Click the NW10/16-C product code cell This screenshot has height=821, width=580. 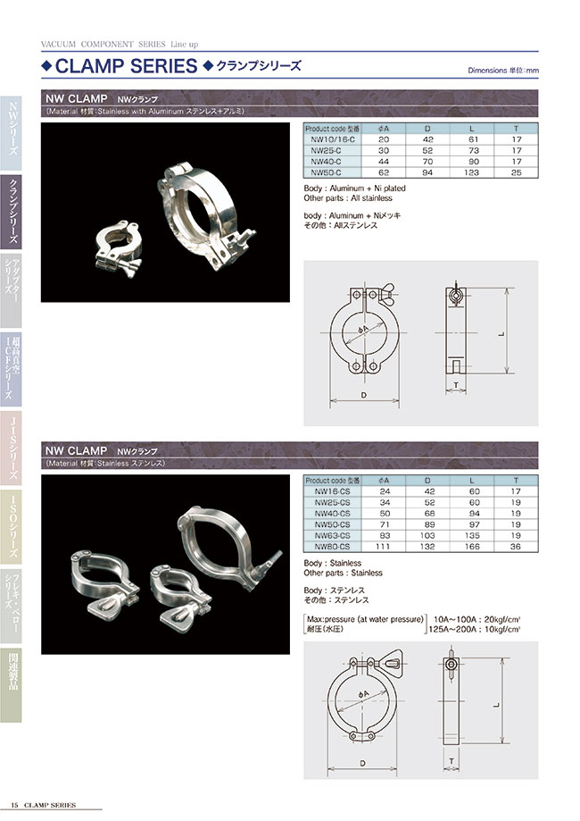click(330, 139)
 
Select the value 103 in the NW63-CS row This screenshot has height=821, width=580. click(428, 534)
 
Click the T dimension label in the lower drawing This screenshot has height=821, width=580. click(453, 761)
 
